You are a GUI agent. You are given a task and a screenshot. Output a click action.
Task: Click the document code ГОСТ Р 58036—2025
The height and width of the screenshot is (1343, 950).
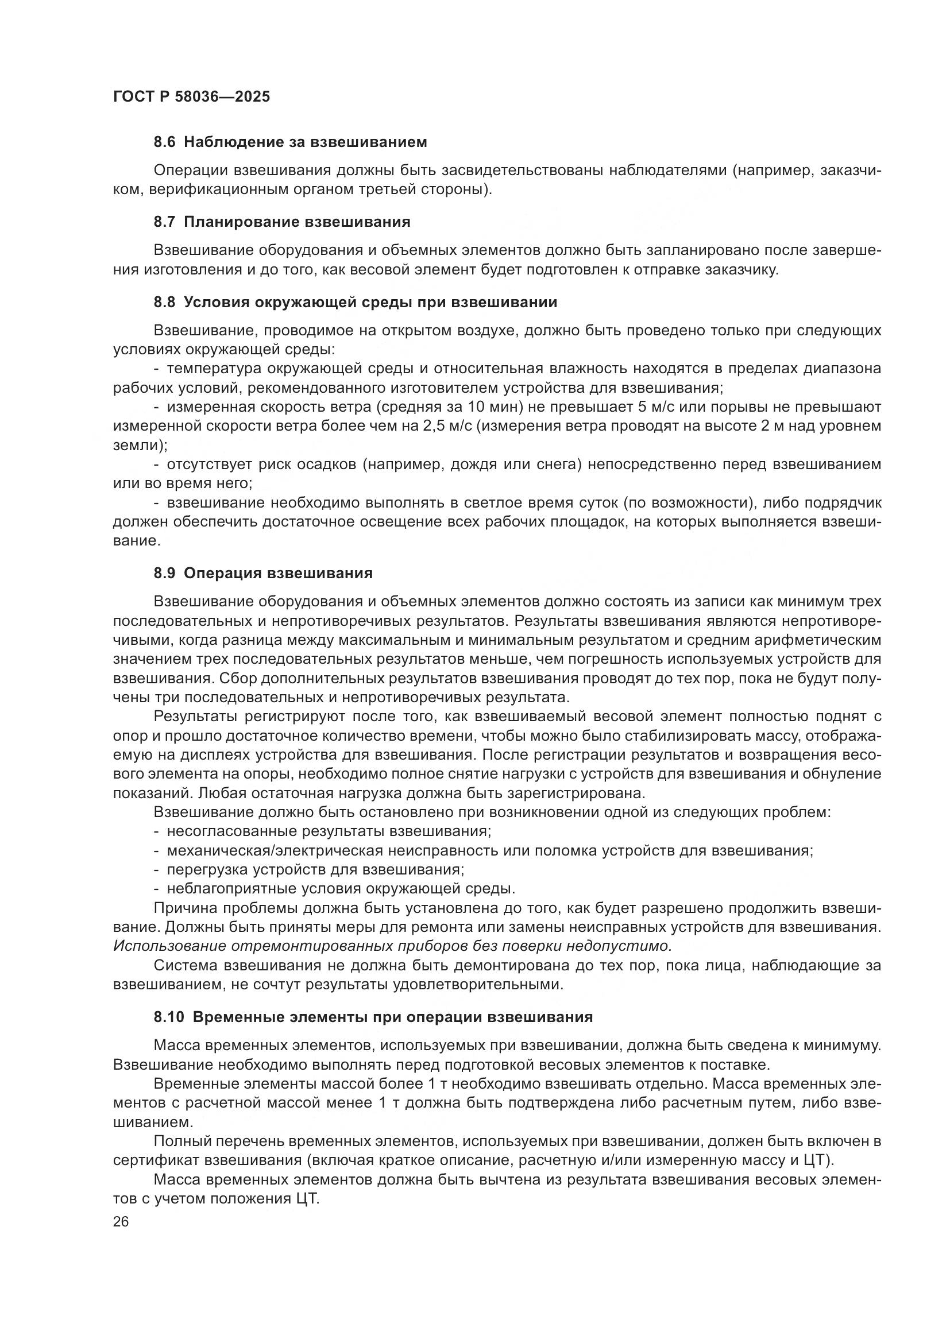tap(191, 97)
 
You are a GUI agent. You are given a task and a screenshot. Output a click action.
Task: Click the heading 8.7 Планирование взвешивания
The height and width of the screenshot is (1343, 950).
tap(282, 222)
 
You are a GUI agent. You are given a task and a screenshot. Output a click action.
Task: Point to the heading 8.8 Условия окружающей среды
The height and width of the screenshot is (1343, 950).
tap(355, 303)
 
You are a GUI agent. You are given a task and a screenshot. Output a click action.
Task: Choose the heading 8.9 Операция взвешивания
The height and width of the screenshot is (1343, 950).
tap(263, 573)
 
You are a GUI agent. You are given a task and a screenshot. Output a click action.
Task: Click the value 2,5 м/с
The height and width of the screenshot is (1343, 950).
tap(447, 427)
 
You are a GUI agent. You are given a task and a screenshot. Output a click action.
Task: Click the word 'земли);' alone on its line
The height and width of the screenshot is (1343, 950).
tap(140, 445)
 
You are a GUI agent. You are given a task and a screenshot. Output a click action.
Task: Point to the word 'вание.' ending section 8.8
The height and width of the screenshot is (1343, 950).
tap(136, 541)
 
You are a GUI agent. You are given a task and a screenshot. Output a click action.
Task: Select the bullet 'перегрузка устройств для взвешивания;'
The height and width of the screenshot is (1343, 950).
tap(315, 870)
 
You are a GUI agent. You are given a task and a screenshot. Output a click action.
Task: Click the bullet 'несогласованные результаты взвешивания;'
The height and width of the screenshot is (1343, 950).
tap(329, 831)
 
